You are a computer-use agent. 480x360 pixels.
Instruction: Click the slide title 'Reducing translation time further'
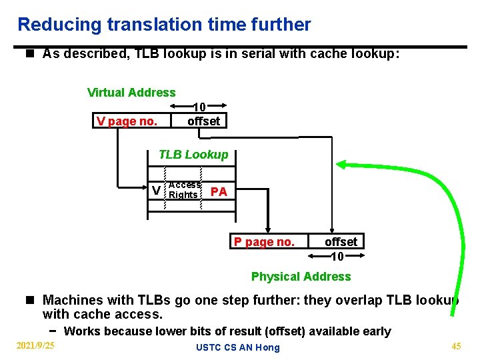tap(164, 25)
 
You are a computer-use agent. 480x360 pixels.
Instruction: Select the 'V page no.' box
tap(127, 121)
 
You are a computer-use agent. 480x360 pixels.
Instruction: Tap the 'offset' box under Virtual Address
tap(203, 121)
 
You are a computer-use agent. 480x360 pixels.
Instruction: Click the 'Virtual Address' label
tap(131, 93)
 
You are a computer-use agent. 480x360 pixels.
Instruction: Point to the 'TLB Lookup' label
tap(193, 155)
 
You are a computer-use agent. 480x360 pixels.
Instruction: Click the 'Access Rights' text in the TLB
tap(184, 190)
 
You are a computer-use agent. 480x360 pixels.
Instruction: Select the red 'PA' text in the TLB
tap(219, 192)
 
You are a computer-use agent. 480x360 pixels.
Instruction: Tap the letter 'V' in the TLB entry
tap(156, 191)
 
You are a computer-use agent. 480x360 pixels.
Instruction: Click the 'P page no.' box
tap(264, 242)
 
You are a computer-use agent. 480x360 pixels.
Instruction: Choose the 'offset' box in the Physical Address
tap(341, 241)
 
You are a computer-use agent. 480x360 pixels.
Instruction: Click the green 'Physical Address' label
tap(301, 276)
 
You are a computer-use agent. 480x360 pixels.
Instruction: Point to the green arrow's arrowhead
tap(341, 164)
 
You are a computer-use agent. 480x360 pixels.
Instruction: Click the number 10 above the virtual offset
tap(199, 107)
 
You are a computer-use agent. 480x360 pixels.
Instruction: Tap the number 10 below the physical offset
tap(337, 257)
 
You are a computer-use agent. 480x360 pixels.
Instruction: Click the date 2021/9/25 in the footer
tap(35, 345)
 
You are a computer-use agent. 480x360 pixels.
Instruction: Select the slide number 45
tap(456, 345)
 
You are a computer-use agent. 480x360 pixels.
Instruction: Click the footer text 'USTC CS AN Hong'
tap(237, 347)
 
